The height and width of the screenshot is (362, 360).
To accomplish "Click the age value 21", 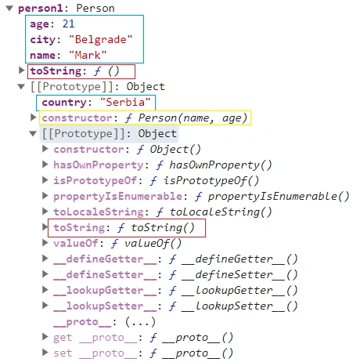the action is click(68, 24).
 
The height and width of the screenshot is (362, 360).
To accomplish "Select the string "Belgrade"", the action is click(101, 40).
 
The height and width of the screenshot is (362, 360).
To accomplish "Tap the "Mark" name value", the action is click(88, 56).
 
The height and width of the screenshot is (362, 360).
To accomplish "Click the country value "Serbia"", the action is click(125, 102).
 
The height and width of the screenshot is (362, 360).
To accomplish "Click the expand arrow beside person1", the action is click(9, 9).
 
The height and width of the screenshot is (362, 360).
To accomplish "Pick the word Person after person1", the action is click(95, 9).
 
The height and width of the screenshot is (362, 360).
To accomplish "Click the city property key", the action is click(43, 40).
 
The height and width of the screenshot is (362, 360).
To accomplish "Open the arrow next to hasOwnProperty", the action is click(45, 165).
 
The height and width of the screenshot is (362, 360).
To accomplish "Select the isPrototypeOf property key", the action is click(95, 180).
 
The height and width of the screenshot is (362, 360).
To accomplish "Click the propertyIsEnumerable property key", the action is click(118, 196).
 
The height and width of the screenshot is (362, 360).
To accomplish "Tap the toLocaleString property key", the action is click(99, 212).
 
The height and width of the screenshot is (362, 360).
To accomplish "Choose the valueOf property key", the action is click(76, 244).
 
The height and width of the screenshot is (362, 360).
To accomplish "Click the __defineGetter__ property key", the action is click(105, 259).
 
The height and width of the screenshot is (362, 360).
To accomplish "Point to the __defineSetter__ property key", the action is click(105, 275).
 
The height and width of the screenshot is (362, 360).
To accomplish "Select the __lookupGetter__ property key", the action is click(105, 291).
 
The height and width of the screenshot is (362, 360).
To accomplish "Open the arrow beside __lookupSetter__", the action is click(45, 306).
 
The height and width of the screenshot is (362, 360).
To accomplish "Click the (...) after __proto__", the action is click(140, 322).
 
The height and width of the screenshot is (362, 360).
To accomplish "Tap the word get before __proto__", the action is click(63, 338).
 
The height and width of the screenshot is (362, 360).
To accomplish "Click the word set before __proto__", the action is click(63, 353).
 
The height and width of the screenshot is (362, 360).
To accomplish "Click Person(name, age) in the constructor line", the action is click(193, 118).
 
